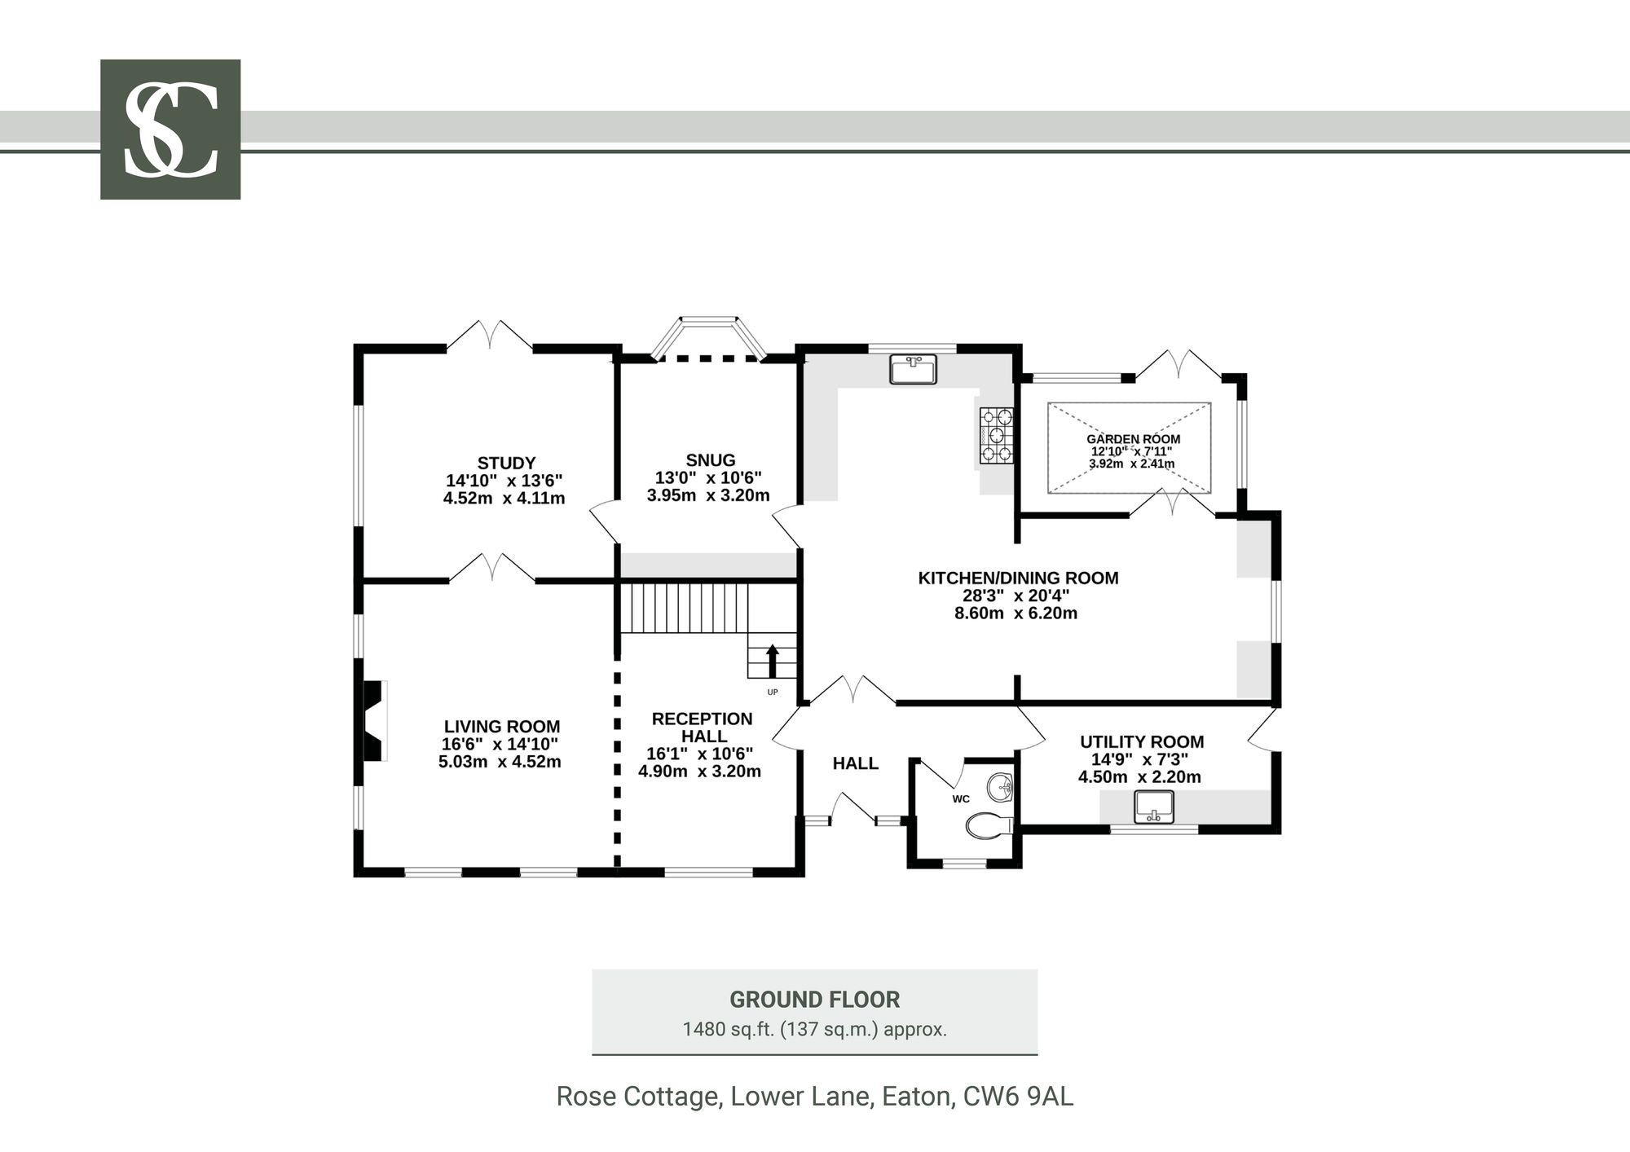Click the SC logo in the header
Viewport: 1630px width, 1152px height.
click(170, 130)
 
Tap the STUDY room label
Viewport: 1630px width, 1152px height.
click(506, 464)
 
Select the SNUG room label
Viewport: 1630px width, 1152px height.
click(711, 460)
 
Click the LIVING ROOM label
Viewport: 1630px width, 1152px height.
click(502, 727)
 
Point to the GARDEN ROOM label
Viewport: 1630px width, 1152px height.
click(1133, 439)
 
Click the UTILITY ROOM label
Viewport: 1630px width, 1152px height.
click(1142, 742)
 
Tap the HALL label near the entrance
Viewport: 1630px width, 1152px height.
click(856, 763)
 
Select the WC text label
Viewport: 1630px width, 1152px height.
click(961, 799)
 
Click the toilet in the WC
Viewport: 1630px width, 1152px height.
click(989, 827)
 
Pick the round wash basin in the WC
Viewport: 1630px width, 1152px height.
click(1000, 787)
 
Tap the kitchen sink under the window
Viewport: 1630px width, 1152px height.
click(914, 369)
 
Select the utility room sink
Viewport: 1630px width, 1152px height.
click(1154, 807)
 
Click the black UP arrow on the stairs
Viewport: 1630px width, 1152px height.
click(773, 660)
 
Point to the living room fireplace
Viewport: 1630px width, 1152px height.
click(374, 721)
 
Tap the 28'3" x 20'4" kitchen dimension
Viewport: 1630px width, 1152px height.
click(1015, 596)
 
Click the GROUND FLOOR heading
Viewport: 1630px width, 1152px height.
click(815, 1000)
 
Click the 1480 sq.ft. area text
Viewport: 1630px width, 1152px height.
click(728, 1029)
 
